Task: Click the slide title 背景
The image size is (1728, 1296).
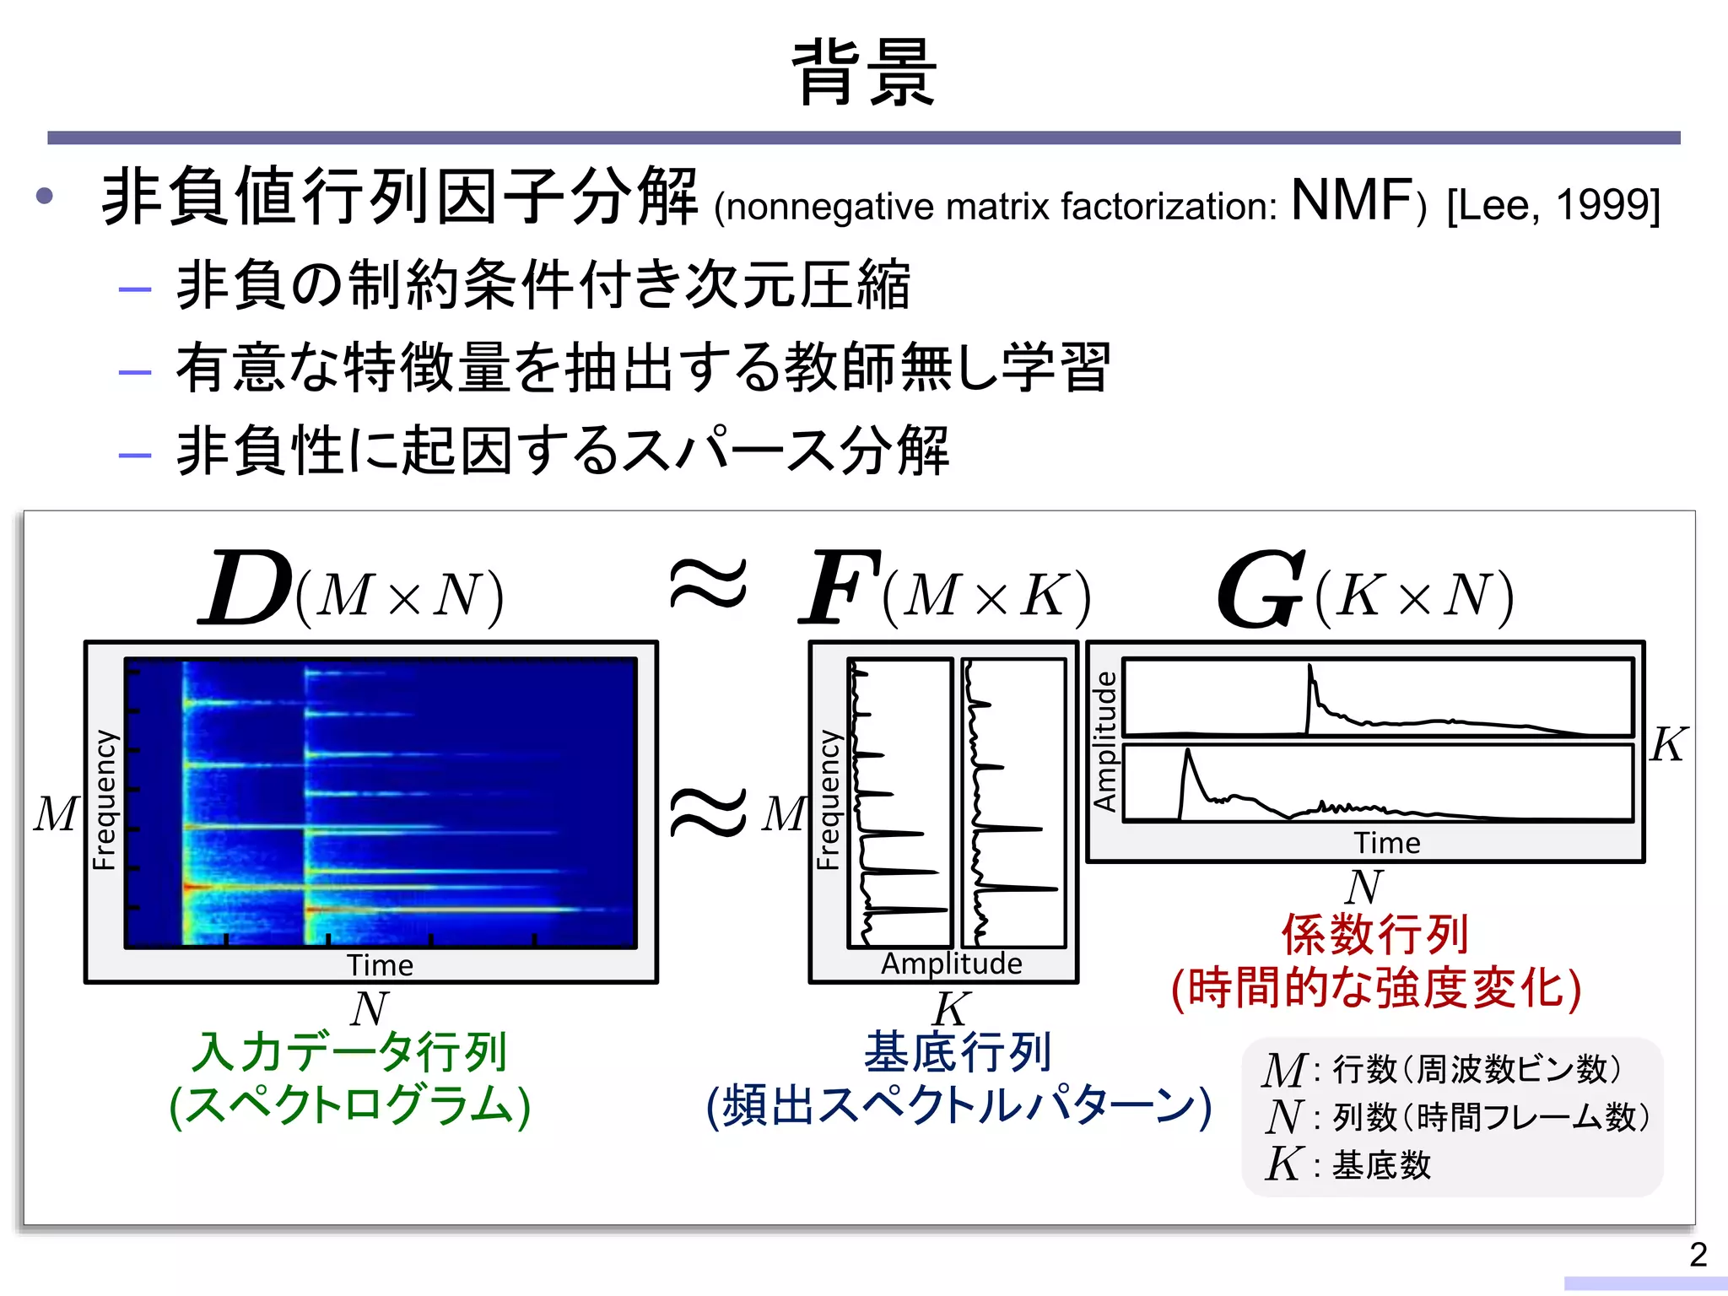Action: (864, 73)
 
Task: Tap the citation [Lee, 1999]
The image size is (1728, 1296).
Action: (1553, 205)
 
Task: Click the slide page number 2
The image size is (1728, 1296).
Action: (1698, 1255)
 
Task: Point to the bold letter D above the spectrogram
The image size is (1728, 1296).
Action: (246, 589)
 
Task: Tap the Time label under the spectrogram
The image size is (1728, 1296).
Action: (380, 965)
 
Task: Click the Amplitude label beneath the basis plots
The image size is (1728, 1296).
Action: (951, 964)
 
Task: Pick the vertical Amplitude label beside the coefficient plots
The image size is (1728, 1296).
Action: (1104, 741)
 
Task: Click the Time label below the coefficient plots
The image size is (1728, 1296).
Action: (1387, 843)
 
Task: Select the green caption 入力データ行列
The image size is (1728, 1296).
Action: (349, 1051)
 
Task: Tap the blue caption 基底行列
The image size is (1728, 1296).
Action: (958, 1051)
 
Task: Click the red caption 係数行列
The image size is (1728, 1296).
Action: (1375, 934)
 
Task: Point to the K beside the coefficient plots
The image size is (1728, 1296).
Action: (1668, 745)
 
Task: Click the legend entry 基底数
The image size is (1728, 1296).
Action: (1381, 1165)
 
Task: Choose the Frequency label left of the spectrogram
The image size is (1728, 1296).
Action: (104, 799)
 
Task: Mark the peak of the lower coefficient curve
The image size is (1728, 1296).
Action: (1188, 751)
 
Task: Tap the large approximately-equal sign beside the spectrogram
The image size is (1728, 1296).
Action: (707, 812)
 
